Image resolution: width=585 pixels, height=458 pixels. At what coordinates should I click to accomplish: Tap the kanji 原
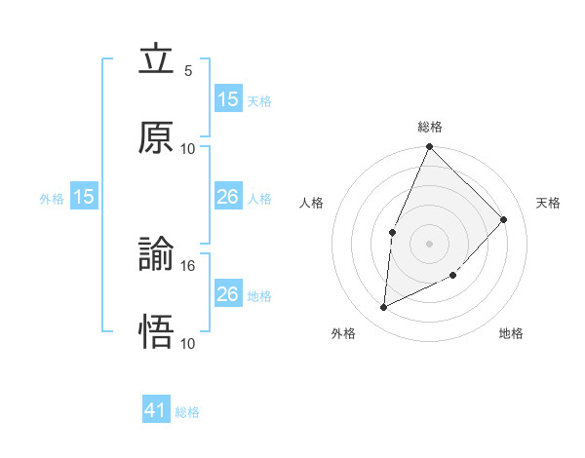pos(156,138)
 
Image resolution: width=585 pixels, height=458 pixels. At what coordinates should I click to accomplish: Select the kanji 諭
pos(156,255)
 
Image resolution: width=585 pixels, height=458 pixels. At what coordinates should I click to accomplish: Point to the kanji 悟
pos(156,332)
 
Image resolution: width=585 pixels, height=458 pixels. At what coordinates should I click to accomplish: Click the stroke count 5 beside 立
pos(188,71)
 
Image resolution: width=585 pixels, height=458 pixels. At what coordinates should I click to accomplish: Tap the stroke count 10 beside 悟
pos(188,343)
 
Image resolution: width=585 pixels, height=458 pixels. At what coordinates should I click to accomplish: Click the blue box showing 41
pos(156,411)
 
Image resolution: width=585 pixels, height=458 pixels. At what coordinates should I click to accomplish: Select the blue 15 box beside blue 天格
pos(228,99)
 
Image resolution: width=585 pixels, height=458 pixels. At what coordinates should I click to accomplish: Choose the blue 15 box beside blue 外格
pos(84,197)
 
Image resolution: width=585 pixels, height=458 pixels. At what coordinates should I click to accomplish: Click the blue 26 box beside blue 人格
pos(228,197)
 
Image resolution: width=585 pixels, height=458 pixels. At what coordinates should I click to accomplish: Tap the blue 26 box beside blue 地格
pos(228,294)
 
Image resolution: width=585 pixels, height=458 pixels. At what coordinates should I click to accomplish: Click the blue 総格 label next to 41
pos(188,412)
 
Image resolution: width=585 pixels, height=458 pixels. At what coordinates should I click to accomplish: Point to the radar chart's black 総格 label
pos(430,127)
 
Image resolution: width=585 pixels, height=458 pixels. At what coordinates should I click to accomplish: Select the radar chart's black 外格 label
pos(343,333)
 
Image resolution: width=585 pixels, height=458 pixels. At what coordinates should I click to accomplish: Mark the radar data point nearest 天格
pos(504,219)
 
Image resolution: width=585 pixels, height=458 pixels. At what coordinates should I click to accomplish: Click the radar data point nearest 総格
pos(430,147)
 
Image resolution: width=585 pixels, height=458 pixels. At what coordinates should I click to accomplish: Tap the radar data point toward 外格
pos(384,308)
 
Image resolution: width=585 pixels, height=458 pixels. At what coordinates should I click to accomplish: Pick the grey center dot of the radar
pos(430,243)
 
